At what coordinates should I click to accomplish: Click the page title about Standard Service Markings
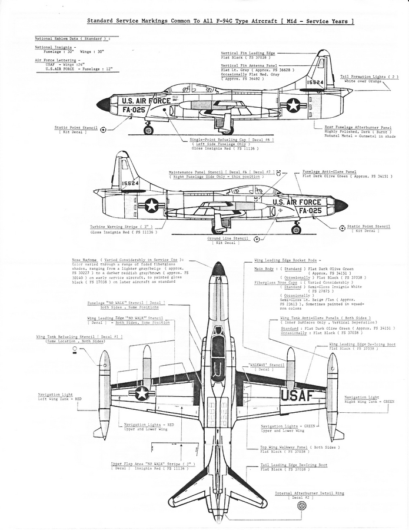(x=221, y=21)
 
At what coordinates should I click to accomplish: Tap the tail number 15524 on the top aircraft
(x=315, y=82)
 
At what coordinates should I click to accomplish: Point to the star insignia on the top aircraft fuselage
(x=292, y=105)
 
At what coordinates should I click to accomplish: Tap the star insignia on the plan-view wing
(x=142, y=393)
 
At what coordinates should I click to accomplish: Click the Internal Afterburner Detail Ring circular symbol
(x=302, y=505)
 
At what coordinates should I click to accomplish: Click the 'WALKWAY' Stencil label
(x=266, y=365)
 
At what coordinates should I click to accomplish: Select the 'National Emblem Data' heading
(x=72, y=38)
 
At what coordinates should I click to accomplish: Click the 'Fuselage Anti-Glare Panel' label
(x=330, y=172)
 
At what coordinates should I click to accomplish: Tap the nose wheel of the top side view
(x=148, y=130)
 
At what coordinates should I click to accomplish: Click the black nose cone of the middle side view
(x=341, y=206)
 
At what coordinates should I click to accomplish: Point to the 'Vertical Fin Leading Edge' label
(x=248, y=53)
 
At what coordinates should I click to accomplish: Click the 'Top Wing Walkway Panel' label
(x=298, y=447)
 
